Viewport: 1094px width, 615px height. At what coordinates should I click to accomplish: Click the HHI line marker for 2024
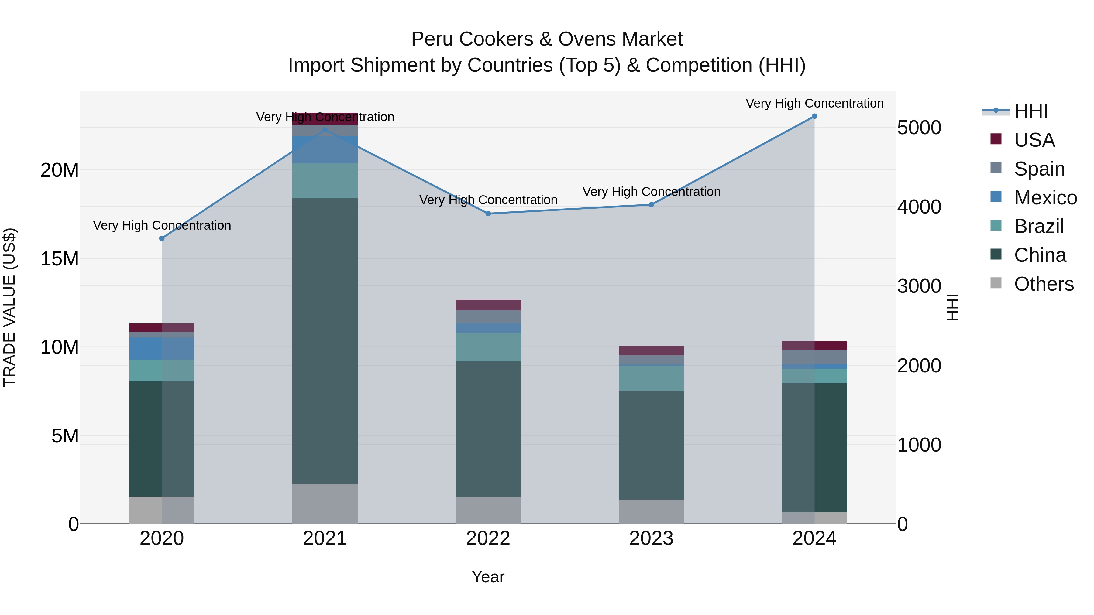814,116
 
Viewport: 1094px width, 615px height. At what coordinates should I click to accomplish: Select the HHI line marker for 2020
162,238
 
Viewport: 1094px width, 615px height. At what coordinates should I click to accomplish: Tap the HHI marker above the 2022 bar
488,214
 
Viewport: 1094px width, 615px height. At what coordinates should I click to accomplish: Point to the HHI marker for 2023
651,205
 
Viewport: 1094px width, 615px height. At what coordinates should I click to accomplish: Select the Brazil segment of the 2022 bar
488,347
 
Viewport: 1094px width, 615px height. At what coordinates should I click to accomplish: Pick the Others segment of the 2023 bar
651,511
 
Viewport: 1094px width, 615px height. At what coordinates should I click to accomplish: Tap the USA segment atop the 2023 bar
651,350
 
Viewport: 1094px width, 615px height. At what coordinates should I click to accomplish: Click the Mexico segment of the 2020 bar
162,348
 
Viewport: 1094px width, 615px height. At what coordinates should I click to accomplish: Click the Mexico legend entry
1045,198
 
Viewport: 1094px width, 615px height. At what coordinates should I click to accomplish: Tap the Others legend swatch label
1044,284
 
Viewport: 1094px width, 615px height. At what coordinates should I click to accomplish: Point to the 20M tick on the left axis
60,170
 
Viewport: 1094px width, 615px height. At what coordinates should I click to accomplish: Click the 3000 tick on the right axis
919,286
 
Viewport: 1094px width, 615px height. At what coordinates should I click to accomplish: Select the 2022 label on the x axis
488,538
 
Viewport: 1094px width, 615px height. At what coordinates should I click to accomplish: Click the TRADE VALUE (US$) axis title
10,307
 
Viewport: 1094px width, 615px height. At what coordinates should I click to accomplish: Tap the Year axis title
488,577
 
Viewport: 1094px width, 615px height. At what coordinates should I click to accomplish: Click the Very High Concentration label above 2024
814,103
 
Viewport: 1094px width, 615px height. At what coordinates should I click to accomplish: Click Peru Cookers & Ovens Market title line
547,39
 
